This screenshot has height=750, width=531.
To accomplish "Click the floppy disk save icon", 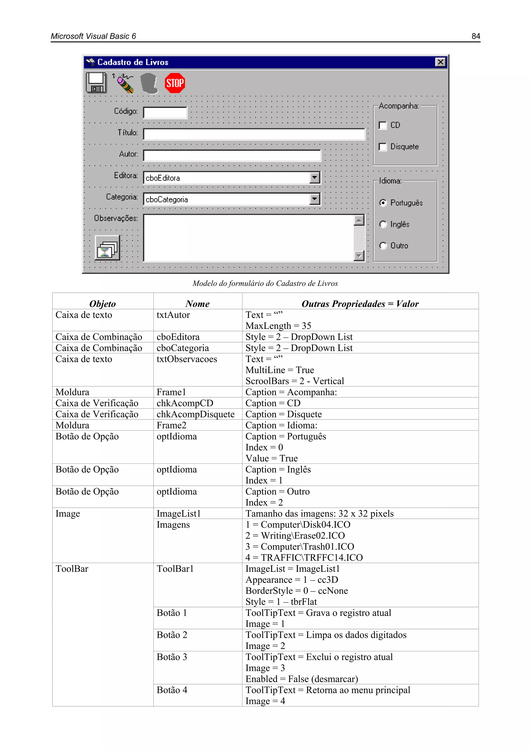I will point(96,83).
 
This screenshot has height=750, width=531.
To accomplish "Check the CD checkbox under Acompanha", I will point(382,125).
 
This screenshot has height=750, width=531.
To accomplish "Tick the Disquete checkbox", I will point(382,147).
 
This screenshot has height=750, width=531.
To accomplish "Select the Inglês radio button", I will point(383,224).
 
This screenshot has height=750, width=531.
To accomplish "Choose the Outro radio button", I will point(383,246).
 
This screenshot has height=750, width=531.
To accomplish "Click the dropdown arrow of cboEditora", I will point(315,178).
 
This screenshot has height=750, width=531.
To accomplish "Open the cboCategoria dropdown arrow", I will point(315,199).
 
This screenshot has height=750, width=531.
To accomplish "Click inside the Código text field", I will point(165,113).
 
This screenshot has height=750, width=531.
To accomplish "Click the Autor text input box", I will point(232,156).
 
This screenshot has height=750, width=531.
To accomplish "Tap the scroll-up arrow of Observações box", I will point(359,221).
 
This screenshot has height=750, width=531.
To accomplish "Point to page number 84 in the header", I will point(476,36).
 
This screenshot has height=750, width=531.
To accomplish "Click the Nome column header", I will point(198,304).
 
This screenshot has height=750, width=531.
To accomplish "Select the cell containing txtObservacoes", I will point(187,359).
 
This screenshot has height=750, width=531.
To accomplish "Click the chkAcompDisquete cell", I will point(195,414).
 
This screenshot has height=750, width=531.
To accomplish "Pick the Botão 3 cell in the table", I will point(172,657).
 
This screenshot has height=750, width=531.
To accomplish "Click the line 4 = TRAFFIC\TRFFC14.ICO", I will point(304,558).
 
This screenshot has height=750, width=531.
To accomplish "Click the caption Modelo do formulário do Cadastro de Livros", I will point(265,283).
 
